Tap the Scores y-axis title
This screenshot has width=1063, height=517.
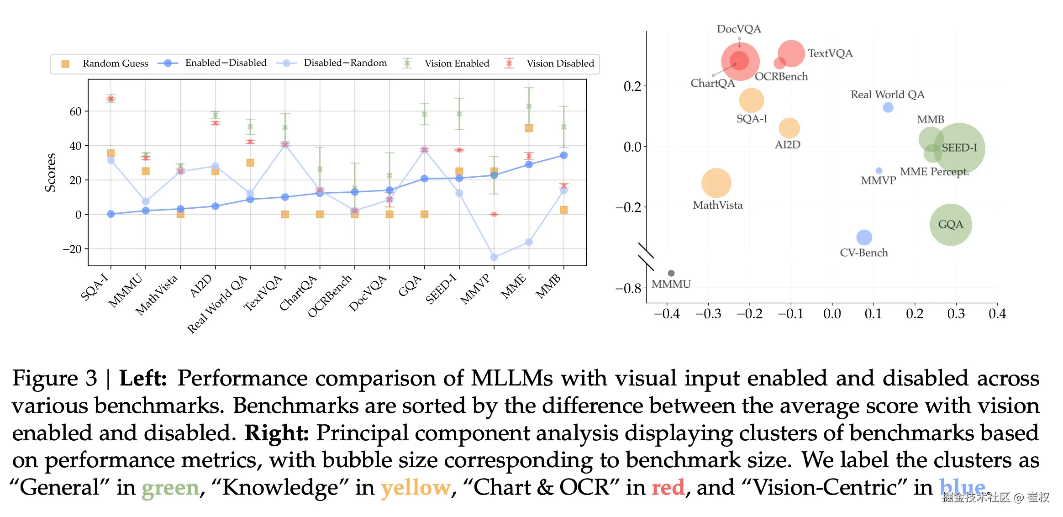(50, 173)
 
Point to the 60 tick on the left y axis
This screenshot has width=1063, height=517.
(75, 111)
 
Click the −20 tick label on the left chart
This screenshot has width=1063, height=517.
(72, 249)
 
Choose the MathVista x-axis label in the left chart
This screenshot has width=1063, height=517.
(156, 295)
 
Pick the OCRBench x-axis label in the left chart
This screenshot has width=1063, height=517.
(329, 296)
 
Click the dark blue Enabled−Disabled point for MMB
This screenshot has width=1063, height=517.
(564, 155)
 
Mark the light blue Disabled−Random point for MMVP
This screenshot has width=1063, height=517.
(494, 258)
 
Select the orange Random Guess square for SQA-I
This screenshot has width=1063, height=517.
(111, 153)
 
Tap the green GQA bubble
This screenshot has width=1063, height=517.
(951, 225)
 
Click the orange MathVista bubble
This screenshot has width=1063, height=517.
(716, 183)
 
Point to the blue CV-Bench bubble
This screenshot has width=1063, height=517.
(864, 237)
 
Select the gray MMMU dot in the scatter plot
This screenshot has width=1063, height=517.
(671, 273)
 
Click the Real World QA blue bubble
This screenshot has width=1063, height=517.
(888, 107)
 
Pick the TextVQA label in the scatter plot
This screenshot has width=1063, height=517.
(830, 53)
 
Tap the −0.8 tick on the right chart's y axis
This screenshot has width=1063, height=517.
(629, 289)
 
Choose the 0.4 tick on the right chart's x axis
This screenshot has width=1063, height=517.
(997, 314)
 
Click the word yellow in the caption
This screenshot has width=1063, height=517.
(416, 487)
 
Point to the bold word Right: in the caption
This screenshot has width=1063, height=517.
(277, 433)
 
